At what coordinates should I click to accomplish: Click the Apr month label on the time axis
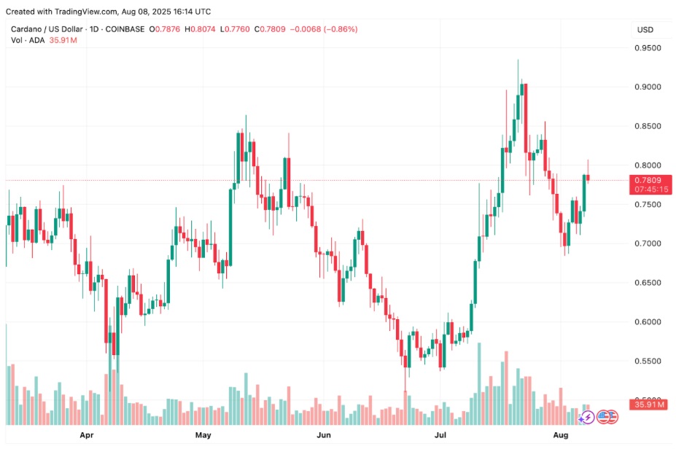pos(87,435)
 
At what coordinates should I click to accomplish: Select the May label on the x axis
pos(203,435)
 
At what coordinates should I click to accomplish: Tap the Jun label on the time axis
pos(325,435)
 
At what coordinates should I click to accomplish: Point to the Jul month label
pos(440,435)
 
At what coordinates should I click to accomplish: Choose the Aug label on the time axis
pos(560,435)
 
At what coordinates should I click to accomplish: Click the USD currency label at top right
pos(645,30)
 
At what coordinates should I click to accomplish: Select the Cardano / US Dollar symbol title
pos(48,29)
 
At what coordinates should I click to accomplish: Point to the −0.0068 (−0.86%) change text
pos(324,29)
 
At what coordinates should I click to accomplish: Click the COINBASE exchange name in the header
pos(125,29)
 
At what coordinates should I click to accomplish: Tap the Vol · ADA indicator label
pos(28,40)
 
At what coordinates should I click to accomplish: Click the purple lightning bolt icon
pos(586,418)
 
